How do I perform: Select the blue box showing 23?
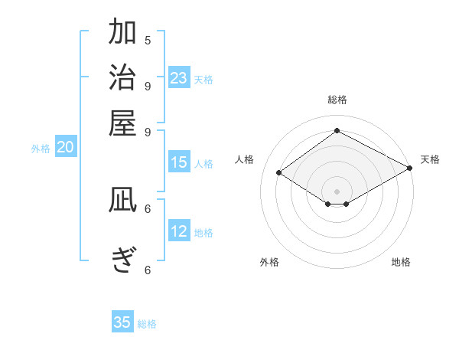pos(179,78)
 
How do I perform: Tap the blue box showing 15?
pos(179,162)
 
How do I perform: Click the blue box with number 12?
pos(179,232)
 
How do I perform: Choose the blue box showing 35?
pos(122,322)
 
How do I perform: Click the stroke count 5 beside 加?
pos(148,40)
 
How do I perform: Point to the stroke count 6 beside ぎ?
pos(148,270)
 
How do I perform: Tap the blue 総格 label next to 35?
pos(147,324)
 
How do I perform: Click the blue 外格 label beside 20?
pos(41,149)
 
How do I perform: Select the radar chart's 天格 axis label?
pos(430,160)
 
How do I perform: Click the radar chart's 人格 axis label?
pos(245,160)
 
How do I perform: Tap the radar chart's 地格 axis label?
pos(401,263)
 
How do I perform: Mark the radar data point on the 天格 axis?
pos(410,167)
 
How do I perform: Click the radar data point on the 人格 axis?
pos(279,172)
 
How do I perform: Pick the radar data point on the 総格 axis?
pos(337,130)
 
